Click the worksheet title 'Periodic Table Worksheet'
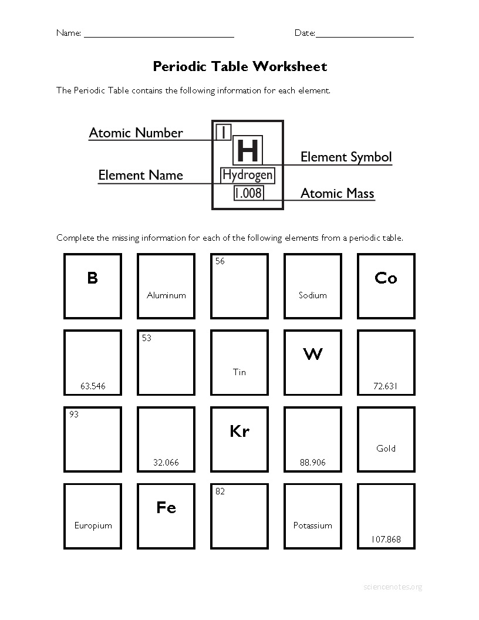239,66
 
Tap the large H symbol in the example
247,150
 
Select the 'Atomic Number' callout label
136,133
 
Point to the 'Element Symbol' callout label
346,157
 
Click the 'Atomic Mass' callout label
337,193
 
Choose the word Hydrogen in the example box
247,175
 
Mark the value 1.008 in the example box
248,193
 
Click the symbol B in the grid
92,278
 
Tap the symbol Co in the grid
386,278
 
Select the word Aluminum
166,295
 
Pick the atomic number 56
220,261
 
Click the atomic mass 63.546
93,386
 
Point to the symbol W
312,354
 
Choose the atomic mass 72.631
386,386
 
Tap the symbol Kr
239,432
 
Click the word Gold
386,449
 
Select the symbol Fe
166,507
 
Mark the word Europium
93,525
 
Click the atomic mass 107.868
386,540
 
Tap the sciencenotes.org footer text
393,587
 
